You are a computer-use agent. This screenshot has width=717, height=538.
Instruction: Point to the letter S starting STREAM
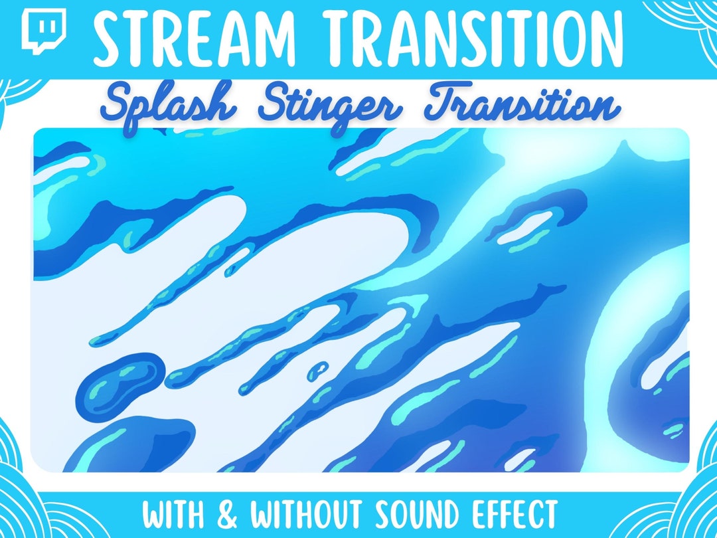pyautogui.click(x=110, y=34)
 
